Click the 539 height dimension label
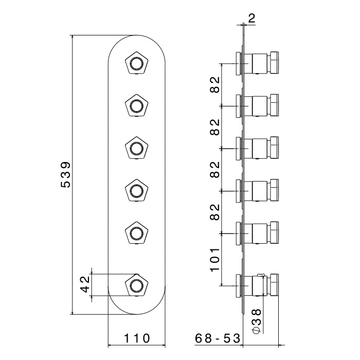coord(65,175)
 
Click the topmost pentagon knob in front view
coord(136,64)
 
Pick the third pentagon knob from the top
coord(136,148)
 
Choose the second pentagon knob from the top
coord(136,106)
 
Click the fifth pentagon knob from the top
coord(136,233)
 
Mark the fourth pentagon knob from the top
coord(136,191)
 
